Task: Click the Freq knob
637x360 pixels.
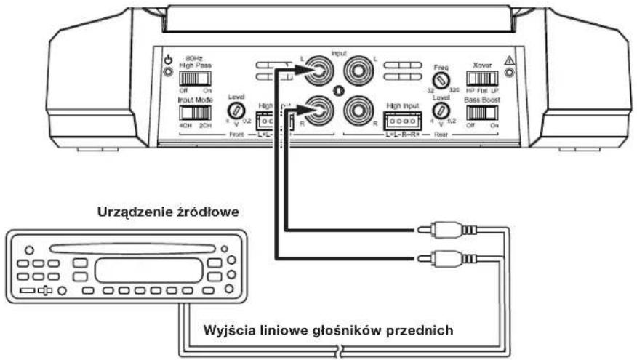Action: [x=441, y=79]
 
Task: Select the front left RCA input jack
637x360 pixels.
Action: [x=319, y=73]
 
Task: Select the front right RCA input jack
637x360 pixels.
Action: [x=319, y=111]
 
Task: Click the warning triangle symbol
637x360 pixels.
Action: [x=508, y=61]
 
